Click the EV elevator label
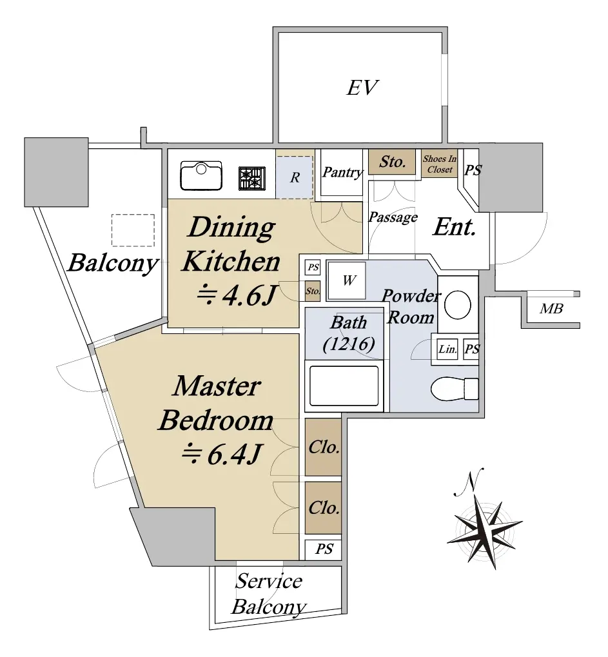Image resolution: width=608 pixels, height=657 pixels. click(x=362, y=88)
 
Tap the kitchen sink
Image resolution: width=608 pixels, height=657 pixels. click(x=201, y=175)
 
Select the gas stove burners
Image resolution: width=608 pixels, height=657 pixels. click(x=252, y=177)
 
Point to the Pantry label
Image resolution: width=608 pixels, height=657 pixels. click(x=342, y=172)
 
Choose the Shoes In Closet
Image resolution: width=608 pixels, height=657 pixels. click(x=439, y=164)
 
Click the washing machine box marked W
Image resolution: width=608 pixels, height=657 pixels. click(x=348, y=280)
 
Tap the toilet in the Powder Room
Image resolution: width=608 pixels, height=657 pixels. click(x=454, y=388)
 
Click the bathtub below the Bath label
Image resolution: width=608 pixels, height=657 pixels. click(x=344, y=385)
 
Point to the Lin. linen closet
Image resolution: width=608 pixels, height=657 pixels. click(x=447, y=349)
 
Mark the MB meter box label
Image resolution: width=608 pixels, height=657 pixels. click(x=551, y=309)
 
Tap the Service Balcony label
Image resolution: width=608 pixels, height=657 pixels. click(x=269, y=594)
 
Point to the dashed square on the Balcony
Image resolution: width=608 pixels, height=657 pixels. click(x=133, y=230)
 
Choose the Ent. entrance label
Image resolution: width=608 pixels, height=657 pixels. click(x=454, y=227)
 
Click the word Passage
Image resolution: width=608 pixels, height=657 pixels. click(x=393, y=218)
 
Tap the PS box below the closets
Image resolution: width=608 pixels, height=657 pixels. click(x=324, y=549)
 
